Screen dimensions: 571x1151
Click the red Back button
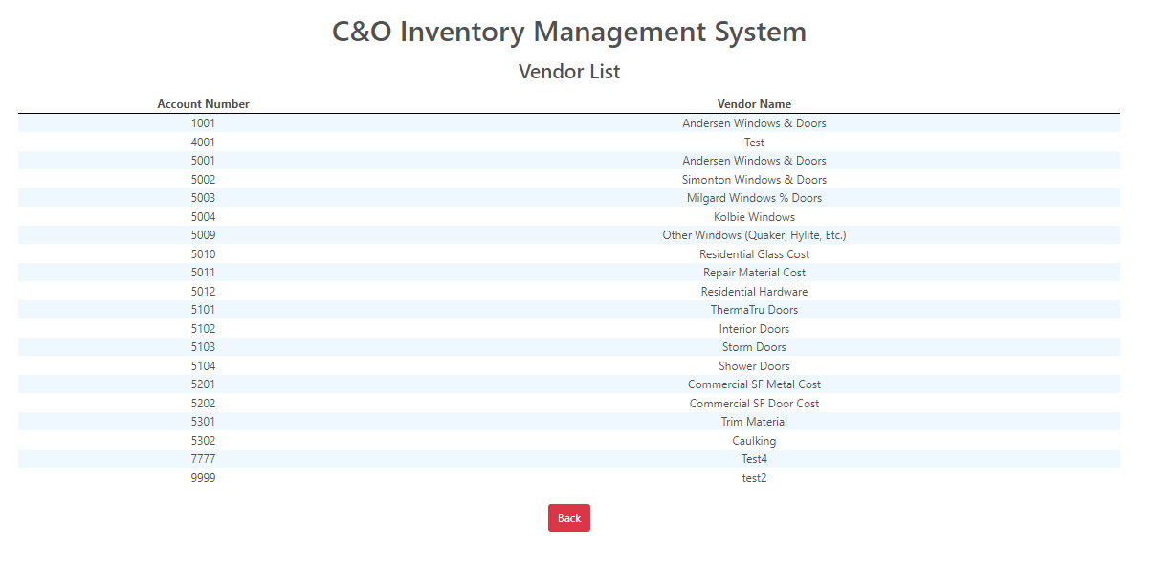568,518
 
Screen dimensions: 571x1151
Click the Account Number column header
203,104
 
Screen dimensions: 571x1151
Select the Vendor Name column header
754,104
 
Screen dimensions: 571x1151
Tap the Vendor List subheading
569,72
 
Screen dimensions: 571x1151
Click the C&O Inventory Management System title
569,32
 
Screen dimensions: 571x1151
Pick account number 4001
203,143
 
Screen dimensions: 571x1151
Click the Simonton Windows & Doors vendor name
754,180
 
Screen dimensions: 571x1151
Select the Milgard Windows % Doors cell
754,198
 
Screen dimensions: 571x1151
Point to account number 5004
203,217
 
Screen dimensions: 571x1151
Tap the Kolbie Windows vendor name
754,217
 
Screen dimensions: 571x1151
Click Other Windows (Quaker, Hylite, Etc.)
754,235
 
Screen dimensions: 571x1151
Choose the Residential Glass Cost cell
754,254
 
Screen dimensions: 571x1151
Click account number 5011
203,273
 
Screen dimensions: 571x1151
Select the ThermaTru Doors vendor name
754,310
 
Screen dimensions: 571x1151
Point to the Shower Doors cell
754,366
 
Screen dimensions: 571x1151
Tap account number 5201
203,384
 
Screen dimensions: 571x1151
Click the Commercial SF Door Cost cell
754,404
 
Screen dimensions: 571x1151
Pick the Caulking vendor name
754,441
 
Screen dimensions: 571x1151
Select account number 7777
203,459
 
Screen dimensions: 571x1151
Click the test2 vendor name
754,478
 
